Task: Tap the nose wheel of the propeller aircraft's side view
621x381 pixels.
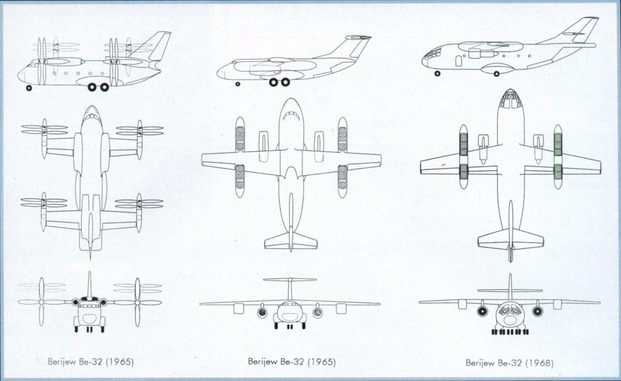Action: click(x=29, y=88)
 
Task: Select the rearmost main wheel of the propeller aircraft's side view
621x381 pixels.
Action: click(x=104, y=87)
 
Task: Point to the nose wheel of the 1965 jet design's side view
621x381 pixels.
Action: click(x=238, y=84)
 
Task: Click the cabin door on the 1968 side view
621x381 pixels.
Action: click(x=459, y=61)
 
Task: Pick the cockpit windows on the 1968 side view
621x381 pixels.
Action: click(x=433, y=53)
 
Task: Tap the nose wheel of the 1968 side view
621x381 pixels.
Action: click(x=437, y=73)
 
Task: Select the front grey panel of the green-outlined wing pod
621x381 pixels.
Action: click(x=558, y=144)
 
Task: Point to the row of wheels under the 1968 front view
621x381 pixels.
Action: click(x=510, y=332)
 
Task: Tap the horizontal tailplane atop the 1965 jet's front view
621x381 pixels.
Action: click(x=290, y=279)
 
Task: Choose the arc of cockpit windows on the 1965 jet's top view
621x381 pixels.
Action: click(x=291, y=116)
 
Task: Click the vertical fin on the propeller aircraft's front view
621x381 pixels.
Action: click(x=89, y=284)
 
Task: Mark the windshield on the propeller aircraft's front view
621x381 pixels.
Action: click(x=89, y=306)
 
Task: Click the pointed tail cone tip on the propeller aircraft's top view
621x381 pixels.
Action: click(x=90, y=259)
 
